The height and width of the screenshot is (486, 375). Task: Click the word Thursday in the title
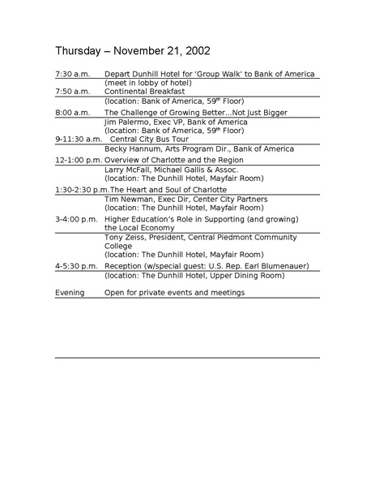click(x=78, y=50)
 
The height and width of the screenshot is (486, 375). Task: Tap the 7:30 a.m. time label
click(x=72, y=74)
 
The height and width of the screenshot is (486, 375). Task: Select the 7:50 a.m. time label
click(x=72, y=92)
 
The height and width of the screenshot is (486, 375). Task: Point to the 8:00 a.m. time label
click(x=72, y=112)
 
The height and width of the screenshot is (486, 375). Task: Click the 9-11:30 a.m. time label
click(x=76, y=140)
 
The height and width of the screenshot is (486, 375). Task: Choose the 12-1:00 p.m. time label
click(x=79, y=160)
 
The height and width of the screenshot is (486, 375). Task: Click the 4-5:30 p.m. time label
click(x=76, y=266)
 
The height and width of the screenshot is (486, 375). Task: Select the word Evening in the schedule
click(x=70, y=292)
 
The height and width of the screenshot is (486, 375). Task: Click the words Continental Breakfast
click(x=144, y=92)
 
